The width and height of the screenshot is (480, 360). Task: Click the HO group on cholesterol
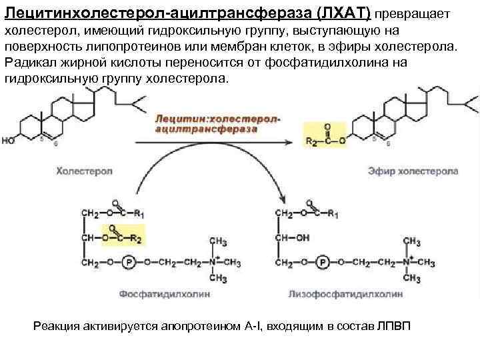9,141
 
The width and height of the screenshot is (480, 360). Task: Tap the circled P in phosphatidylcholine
130,263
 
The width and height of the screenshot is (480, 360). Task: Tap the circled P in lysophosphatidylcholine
323,263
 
